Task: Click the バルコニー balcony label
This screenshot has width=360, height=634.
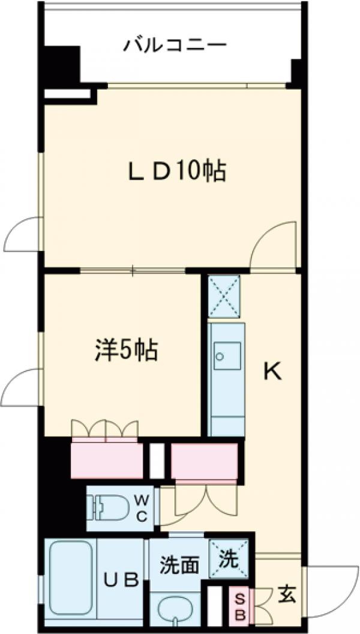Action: (x=175, y=45)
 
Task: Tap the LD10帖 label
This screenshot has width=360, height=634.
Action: (x=175, y=172)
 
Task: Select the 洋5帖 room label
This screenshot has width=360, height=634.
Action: (x=127, y=350)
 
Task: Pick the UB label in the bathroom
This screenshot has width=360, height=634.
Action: (x=123, y=579)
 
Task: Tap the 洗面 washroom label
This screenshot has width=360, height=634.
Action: (x=179, y=565)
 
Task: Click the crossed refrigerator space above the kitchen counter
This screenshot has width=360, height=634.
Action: (x=223, y=297)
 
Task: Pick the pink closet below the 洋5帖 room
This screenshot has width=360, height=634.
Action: (x=107, y=460)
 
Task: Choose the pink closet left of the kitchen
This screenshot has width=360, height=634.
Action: (x=204, y=461)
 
